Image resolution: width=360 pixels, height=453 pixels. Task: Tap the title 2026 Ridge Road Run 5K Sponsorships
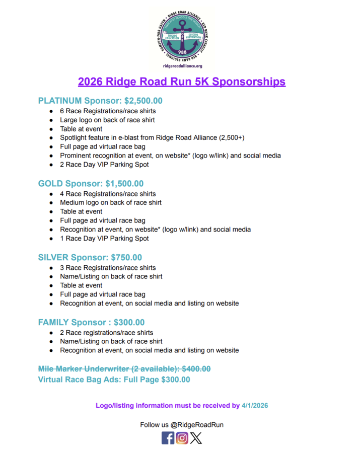click(182, 82)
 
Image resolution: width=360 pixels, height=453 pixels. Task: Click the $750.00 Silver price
click(124, 258)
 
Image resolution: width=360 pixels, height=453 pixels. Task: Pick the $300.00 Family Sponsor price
click(129, 323)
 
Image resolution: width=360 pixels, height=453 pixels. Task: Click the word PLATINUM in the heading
click(60, 101)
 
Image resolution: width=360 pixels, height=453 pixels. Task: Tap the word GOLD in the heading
click(50, 184)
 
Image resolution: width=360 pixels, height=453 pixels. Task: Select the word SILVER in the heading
click(53, 258)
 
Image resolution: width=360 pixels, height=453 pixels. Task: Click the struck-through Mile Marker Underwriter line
click(124, 369)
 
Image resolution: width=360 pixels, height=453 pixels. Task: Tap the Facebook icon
click(168, 438)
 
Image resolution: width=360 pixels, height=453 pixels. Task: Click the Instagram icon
click(182, 438)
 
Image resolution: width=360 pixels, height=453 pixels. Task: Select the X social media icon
click(196, 438)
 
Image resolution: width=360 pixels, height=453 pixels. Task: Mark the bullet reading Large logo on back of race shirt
click(107, 120)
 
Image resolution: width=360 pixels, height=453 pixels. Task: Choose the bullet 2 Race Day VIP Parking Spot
click(104, 165)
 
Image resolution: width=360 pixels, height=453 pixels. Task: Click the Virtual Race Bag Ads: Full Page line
click(114, 380)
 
